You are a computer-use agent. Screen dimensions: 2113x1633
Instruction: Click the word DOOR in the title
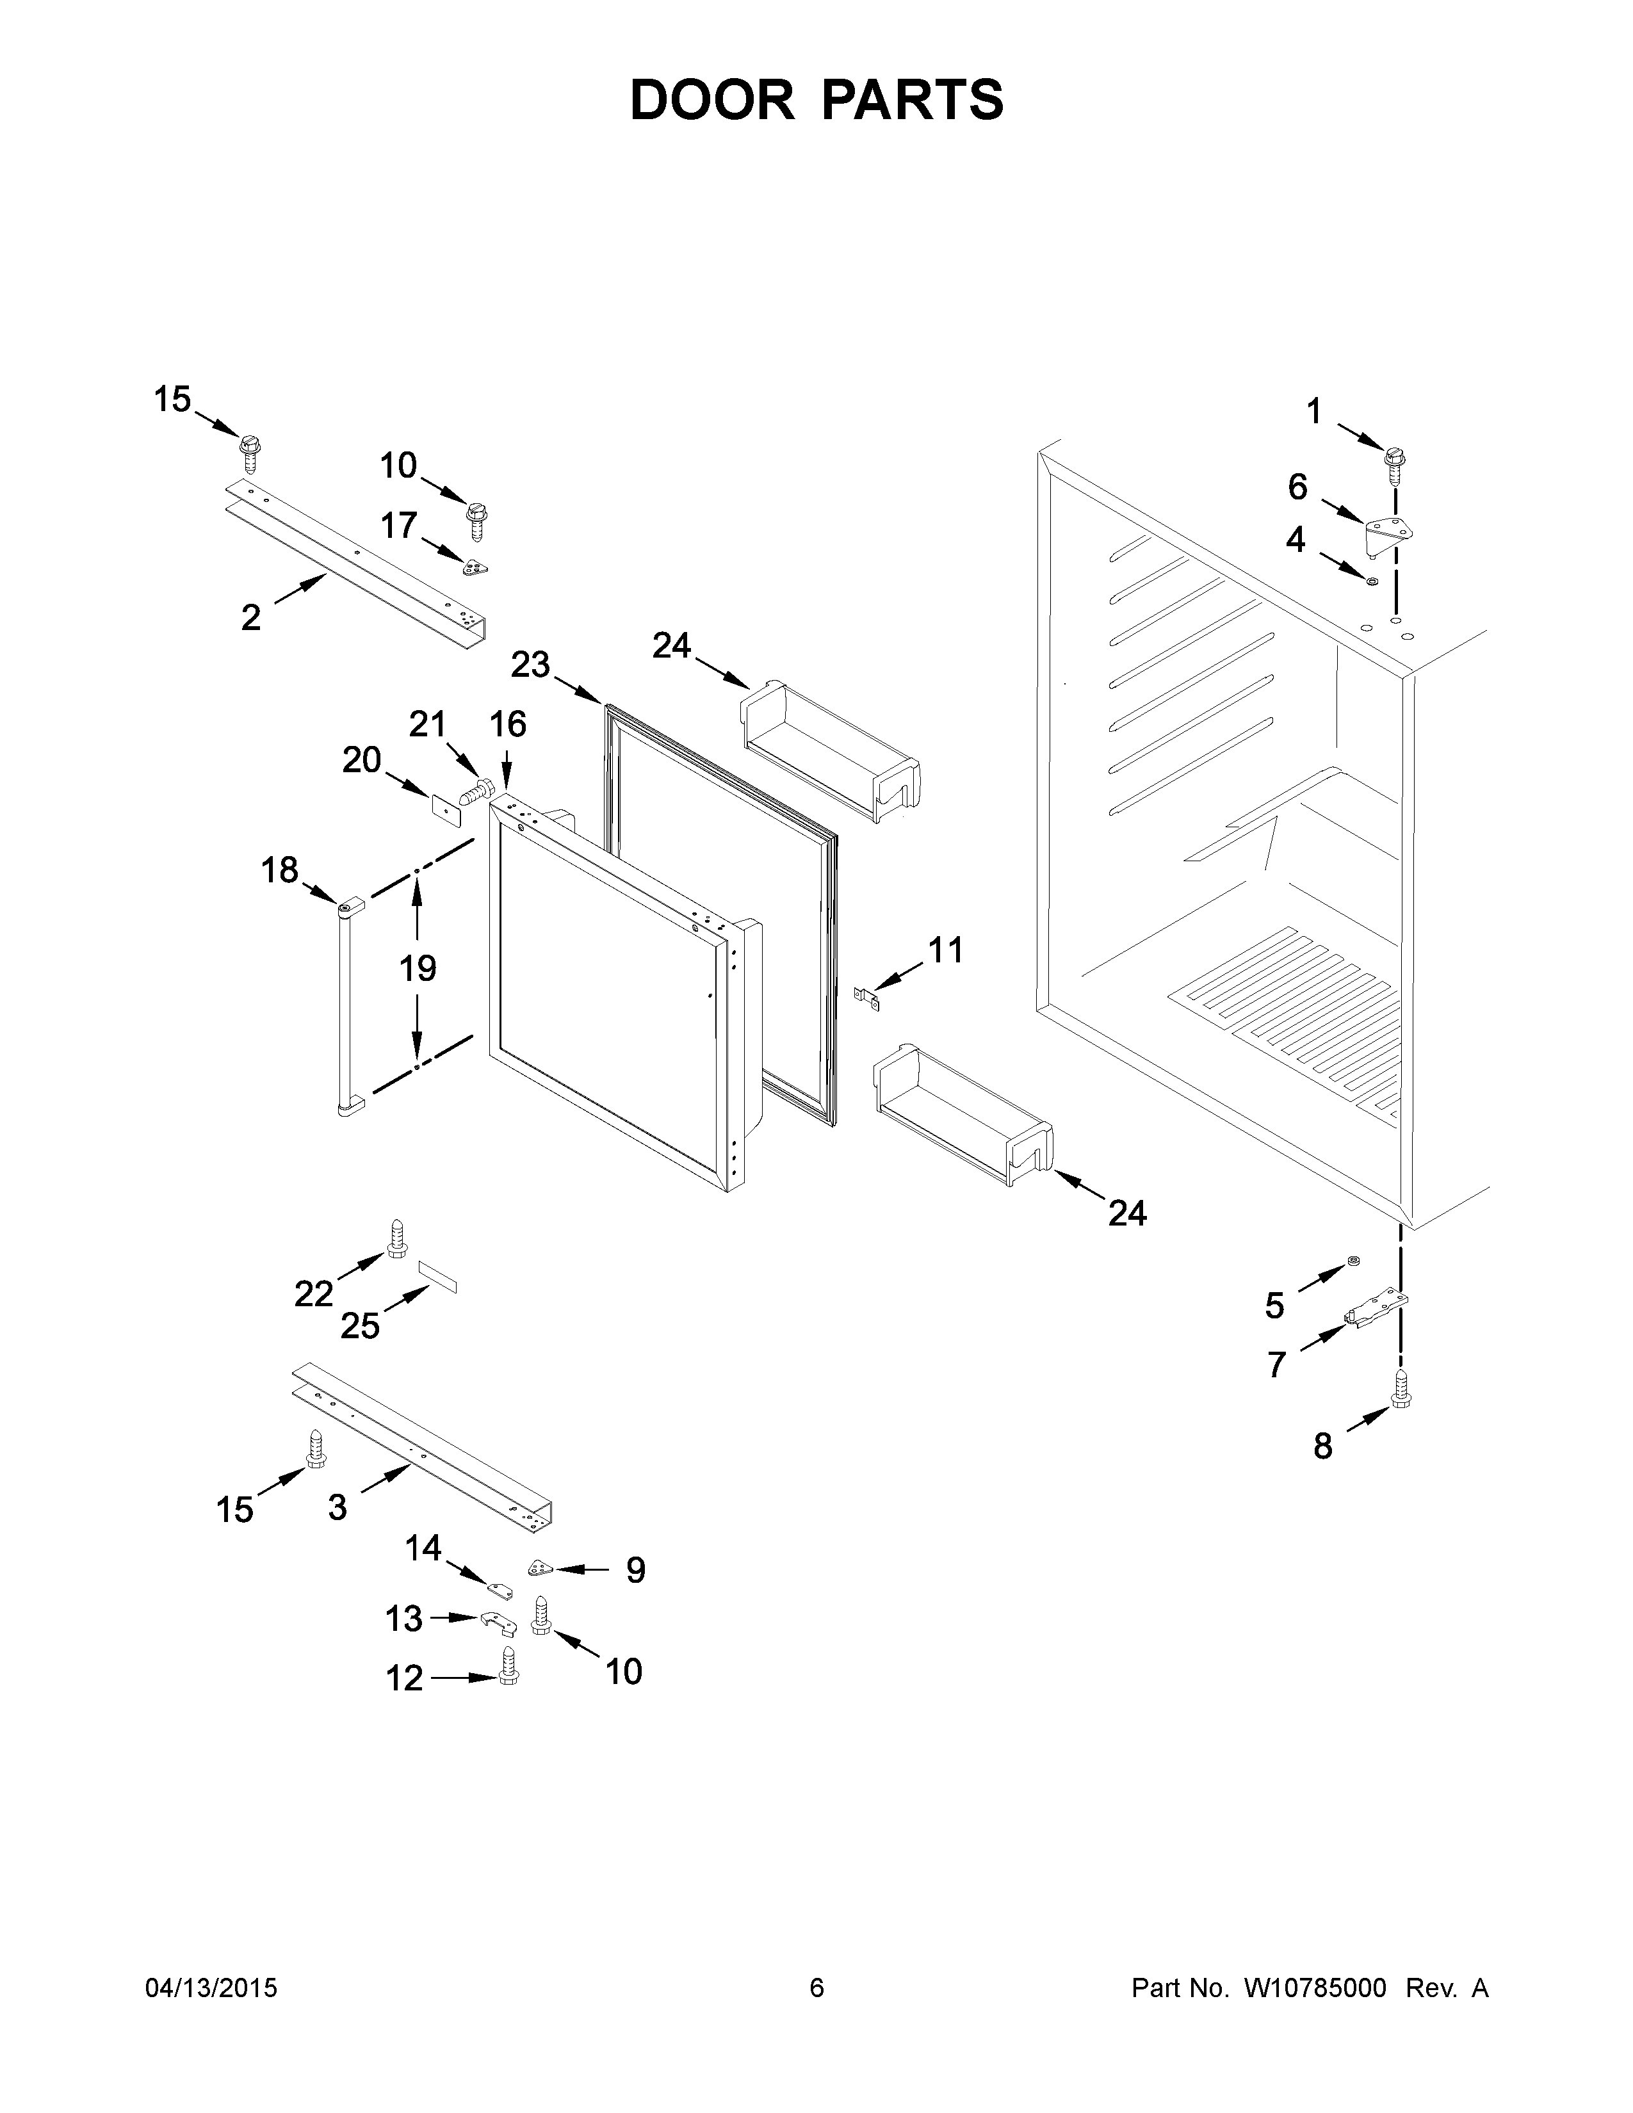(x=711, y=100)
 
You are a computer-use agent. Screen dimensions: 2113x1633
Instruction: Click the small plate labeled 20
(x=445, y=808)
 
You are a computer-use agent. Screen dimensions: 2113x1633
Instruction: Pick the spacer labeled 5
(x=1353, y=1261)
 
